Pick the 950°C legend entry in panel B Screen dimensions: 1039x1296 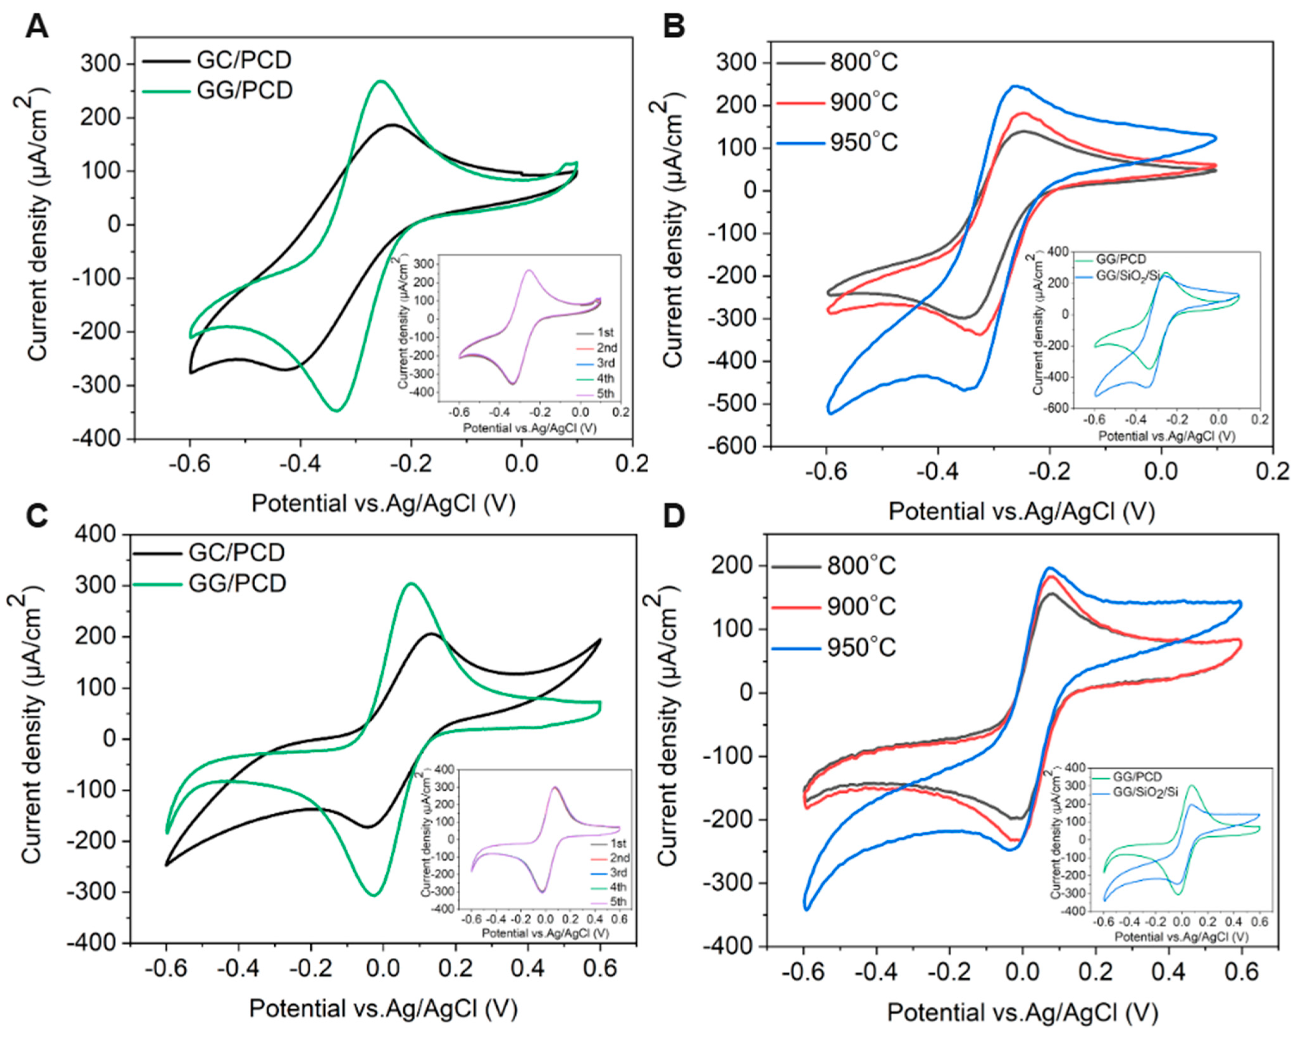click(864, 142)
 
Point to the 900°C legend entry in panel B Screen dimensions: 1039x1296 click(864, 102)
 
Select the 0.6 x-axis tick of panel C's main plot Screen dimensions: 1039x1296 click(599, 969)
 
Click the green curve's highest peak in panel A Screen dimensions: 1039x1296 click(381, 81)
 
